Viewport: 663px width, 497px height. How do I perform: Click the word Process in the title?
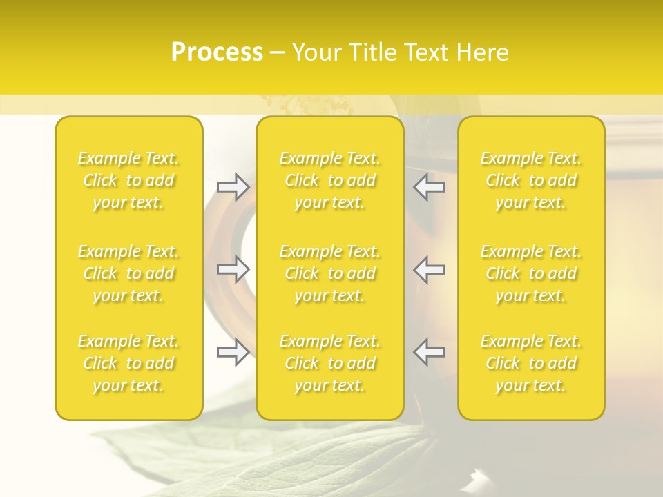pyautogui.click(x=217, y=52)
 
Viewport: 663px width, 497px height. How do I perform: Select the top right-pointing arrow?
pyautogui.click(x=233, y=187)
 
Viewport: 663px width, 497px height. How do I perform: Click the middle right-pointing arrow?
pyautogui.click(x=233, y=269)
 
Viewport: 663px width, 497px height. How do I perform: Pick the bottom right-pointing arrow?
pyautogui.click(x=233, y=352)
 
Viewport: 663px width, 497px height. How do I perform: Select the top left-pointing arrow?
pyautogui.click(x=430, y=187)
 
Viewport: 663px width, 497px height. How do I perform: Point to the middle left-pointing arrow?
pyautogui.click(x=430, y=269)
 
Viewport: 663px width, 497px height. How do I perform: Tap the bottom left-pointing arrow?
pyautogui.click(x=430, y=352)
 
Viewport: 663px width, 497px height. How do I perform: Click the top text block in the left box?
pyautogui.click(x=128, y=180)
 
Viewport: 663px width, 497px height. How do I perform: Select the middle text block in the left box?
pyautogui.click(x=128, y=273)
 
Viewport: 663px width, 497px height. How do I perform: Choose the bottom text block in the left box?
pyautogui.click(x=128, y=363)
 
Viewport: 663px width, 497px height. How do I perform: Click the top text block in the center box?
pyautogui.click(x=330, y=180)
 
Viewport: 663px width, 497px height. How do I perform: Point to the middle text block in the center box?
pyautogui.click(x=330, y=273)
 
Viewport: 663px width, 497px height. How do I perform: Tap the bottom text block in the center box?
pyautogui.click(x=330, y=363)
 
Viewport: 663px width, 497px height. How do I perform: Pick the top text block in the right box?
pyautogui.click(x=531, y=180)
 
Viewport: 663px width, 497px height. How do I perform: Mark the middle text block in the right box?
pyautogui.click(x=531, y=273)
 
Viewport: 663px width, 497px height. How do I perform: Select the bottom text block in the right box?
pyautogui.click(x=531, y=363)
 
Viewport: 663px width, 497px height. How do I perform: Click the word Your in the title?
pyautogui.click(x=316, y=52)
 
